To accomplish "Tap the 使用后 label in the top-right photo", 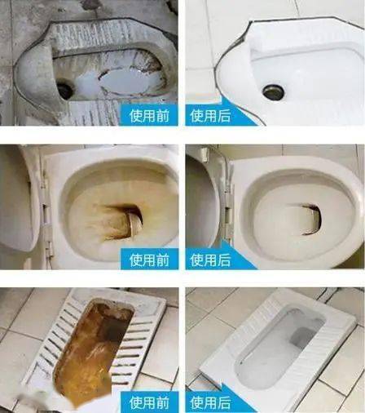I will pos(210,114).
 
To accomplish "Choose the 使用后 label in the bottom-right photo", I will pos(210,401).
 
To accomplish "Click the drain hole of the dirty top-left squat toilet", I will pos(65,90).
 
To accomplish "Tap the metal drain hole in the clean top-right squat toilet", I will pos(274,91).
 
